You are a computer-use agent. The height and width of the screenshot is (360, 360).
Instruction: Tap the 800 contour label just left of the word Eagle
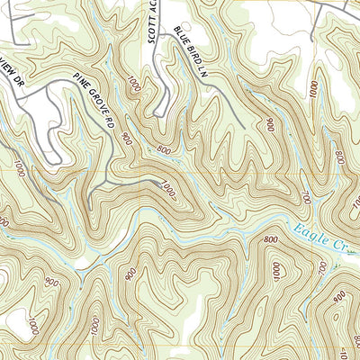point(271,239)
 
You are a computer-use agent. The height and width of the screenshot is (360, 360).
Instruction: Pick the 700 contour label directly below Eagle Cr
point(321,270)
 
